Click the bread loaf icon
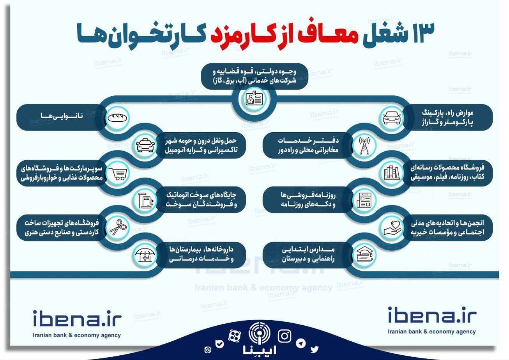coord(116,117)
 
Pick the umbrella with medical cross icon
coord(145,255)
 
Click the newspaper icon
coord(364,200)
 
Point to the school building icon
coord(364,255)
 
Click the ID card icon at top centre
coord(254,99)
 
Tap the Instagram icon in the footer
coord(285,335)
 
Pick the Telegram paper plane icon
coord(300,343)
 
